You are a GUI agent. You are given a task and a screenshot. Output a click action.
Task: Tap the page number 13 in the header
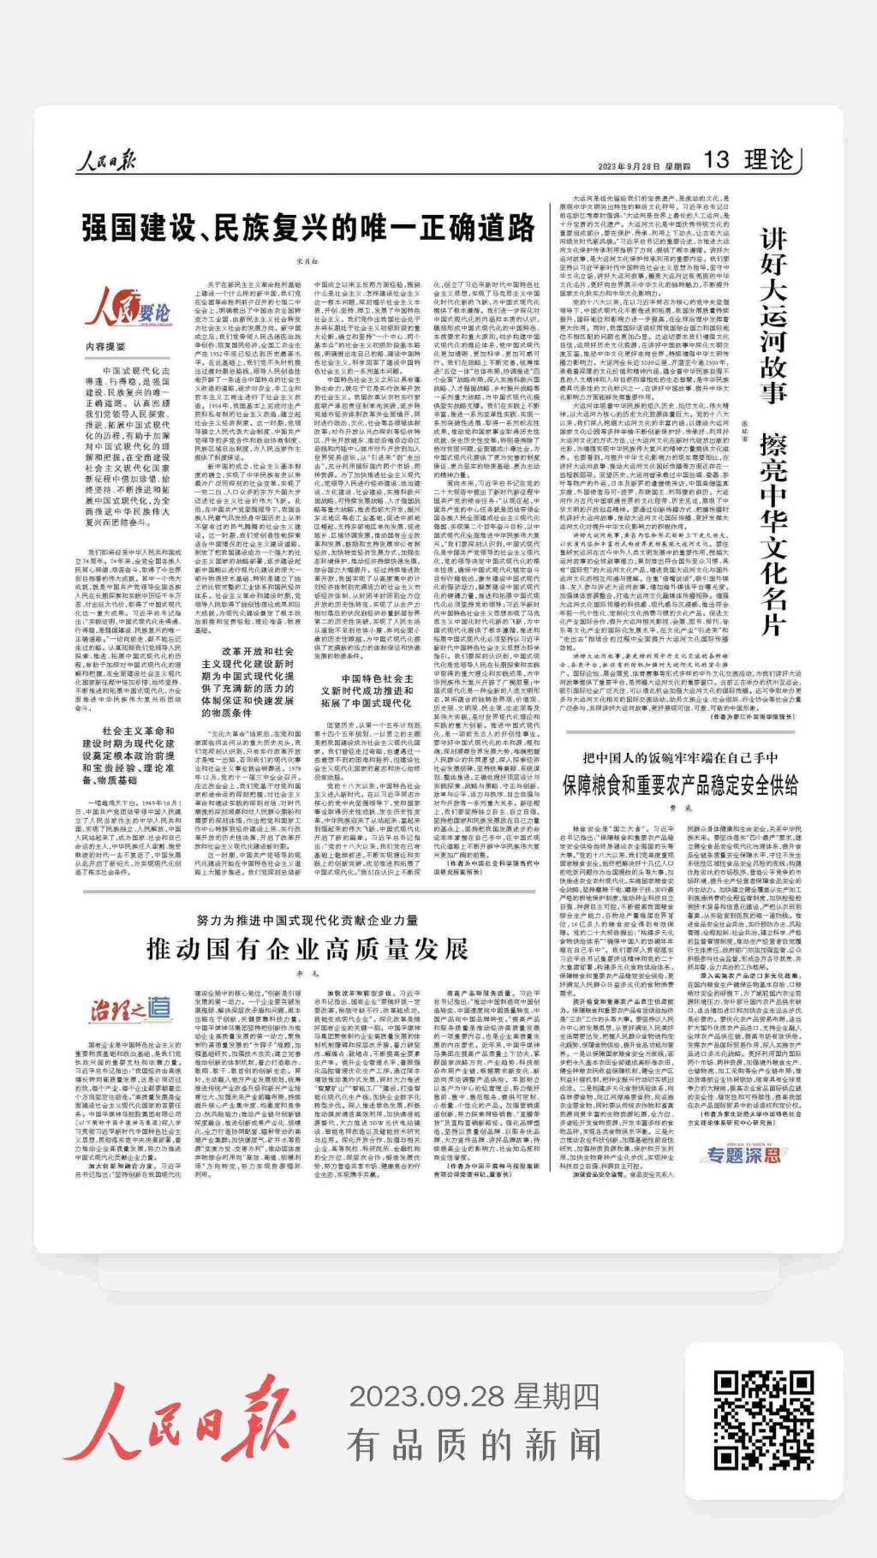(x=716, y=159)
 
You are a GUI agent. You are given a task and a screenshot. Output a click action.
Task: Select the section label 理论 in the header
(x=768, y=159)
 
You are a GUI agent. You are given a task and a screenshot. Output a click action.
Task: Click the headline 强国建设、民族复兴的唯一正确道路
(x=308, y=229)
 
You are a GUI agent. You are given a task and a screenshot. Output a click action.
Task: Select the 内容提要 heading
(x=105, y=347)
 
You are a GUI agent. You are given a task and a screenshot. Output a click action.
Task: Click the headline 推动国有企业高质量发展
(x=307, y=949)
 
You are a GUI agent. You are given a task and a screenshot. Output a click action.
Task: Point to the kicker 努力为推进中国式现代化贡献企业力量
(x=307, y=920)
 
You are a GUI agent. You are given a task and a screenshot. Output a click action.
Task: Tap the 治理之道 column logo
(x=130, y=1011)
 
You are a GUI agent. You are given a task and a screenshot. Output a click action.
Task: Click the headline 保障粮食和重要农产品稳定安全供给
(x=680, y=785)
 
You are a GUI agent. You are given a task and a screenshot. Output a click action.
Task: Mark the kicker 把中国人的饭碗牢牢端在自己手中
(x=680, y=757)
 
